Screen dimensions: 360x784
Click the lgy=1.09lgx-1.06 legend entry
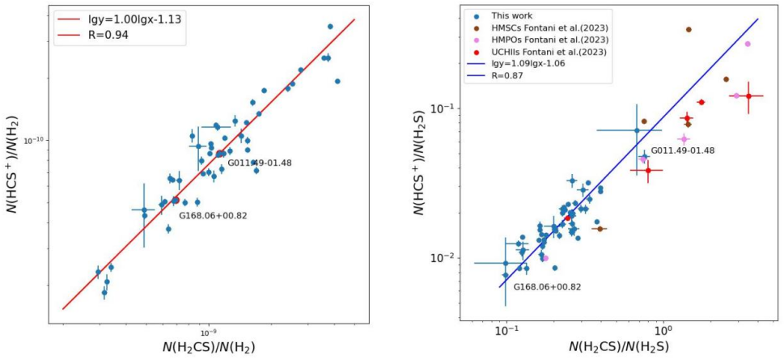point(531,65)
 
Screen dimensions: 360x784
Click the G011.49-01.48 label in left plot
point(259,163)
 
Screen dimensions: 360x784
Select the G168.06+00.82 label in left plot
point(213,215)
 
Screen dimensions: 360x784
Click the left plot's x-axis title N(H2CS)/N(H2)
point(210,348)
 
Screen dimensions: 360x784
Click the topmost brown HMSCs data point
point(689,29)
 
